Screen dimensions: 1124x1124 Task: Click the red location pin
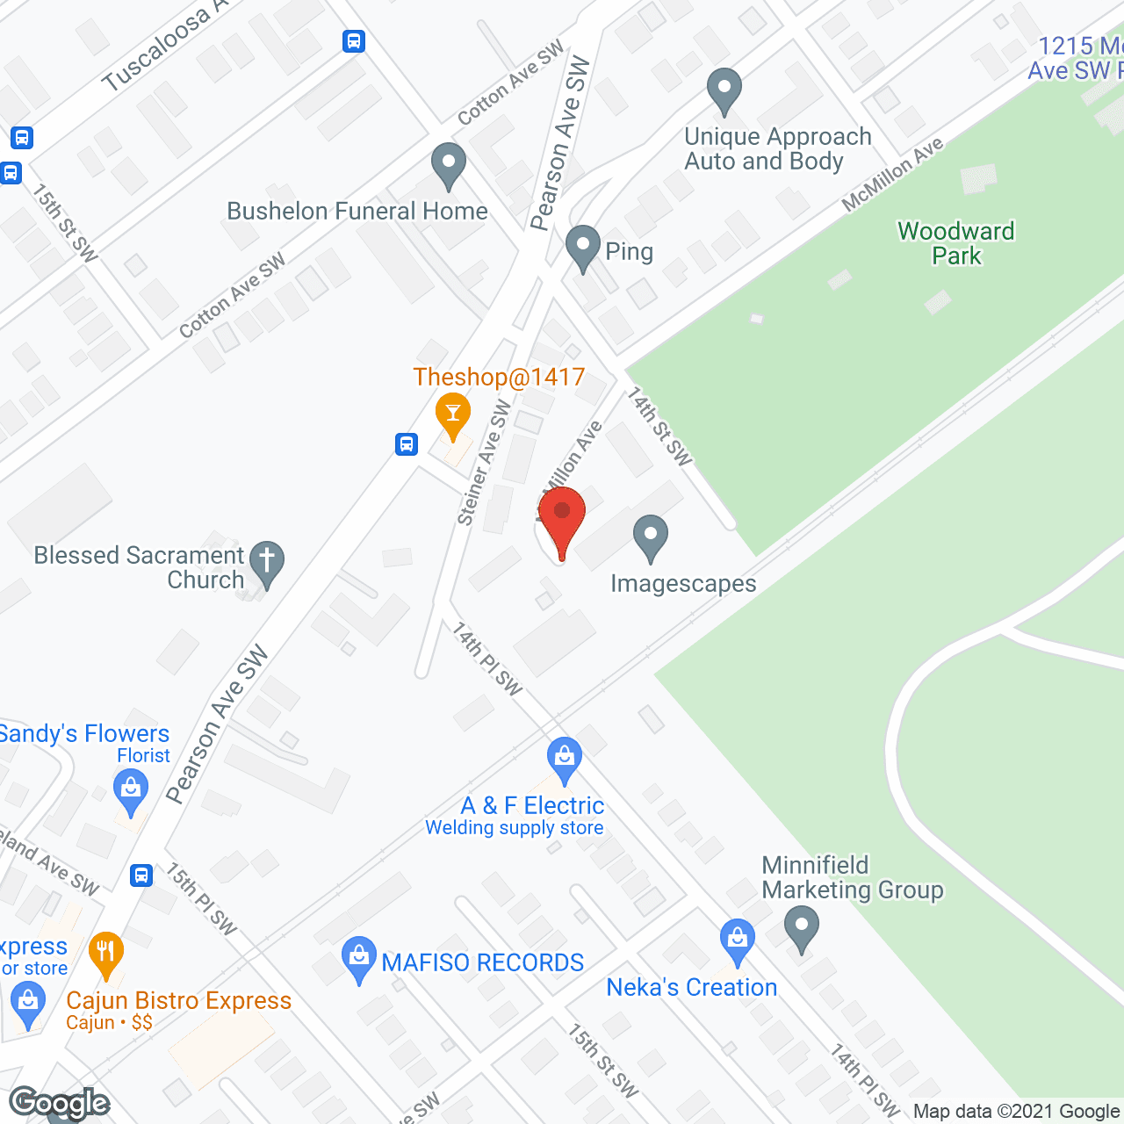point(562,518)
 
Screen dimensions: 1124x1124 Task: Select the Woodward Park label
point(956,243)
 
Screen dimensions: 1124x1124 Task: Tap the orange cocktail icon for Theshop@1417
point(453,415)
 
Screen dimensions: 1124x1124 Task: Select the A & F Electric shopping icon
point(565,759)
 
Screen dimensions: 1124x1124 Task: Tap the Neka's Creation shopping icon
point(738,940)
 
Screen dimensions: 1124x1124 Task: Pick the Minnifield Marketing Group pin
point(801,927)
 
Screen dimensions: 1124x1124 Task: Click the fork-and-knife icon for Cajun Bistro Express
point(106,953)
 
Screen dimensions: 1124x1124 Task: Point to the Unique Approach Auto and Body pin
point(724,90)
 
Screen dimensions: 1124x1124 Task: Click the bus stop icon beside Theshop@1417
point(407,443)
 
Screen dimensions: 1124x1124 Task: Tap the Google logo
point(60,1103)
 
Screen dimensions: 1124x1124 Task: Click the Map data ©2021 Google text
point(1016,1112)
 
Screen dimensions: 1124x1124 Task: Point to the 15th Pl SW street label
point(202,899)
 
